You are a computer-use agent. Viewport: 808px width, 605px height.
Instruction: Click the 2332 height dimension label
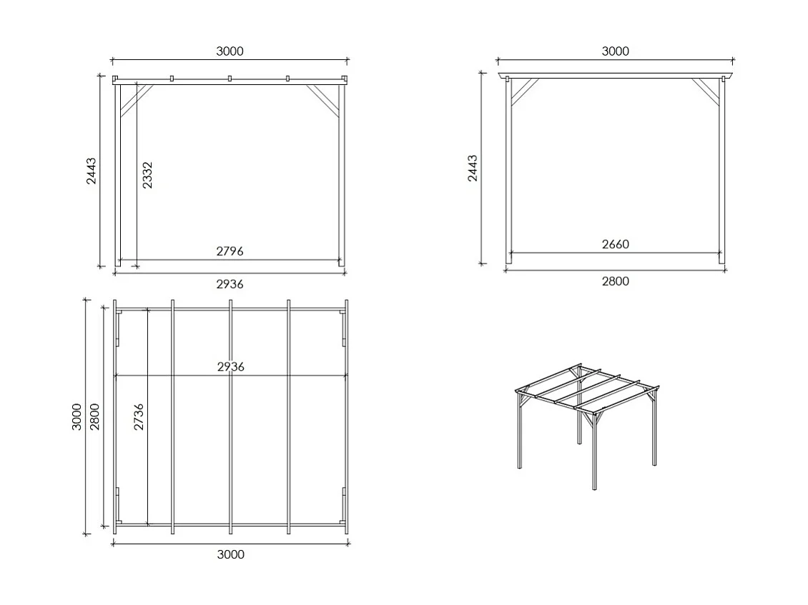click(x=147, y=175)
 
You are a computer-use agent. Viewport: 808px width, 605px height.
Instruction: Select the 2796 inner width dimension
click(x=230, y=251)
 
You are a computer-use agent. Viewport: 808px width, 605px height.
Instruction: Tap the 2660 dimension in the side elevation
click(x=615, y=244)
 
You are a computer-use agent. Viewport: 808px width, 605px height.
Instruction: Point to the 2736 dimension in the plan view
click(x=139, y=417)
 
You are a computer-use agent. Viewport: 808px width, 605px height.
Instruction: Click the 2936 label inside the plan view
click(x=230, y=366)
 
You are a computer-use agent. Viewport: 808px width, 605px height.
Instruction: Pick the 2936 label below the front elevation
click(x=230, y=284)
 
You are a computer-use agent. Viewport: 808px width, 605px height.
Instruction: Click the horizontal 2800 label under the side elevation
click(x=615, y=281)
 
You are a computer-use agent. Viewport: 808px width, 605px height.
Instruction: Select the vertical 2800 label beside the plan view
click(x=95, y=417)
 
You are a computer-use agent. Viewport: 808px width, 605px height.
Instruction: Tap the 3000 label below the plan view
click(x=230, y=554)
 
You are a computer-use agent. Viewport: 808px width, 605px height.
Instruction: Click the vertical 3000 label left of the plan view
click(x=77, y=417)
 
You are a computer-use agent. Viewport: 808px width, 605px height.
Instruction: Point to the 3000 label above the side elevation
click(x=615, y=51)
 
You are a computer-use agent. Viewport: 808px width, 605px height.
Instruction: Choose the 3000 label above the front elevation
click(x=230, y=51)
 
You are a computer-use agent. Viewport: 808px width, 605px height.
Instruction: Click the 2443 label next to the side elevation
click(x=473, y=169)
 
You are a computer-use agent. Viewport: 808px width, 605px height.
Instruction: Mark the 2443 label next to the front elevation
click(x=91, y=171)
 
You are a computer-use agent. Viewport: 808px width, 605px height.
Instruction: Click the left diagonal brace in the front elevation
click(x=136, y=100)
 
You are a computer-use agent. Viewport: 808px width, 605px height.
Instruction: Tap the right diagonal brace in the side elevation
click(x=707, y=91)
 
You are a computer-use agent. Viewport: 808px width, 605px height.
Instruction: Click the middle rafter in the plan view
click(x=230, y=417)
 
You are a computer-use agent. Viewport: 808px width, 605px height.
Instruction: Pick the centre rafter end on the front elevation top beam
click(x=230, y=79)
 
